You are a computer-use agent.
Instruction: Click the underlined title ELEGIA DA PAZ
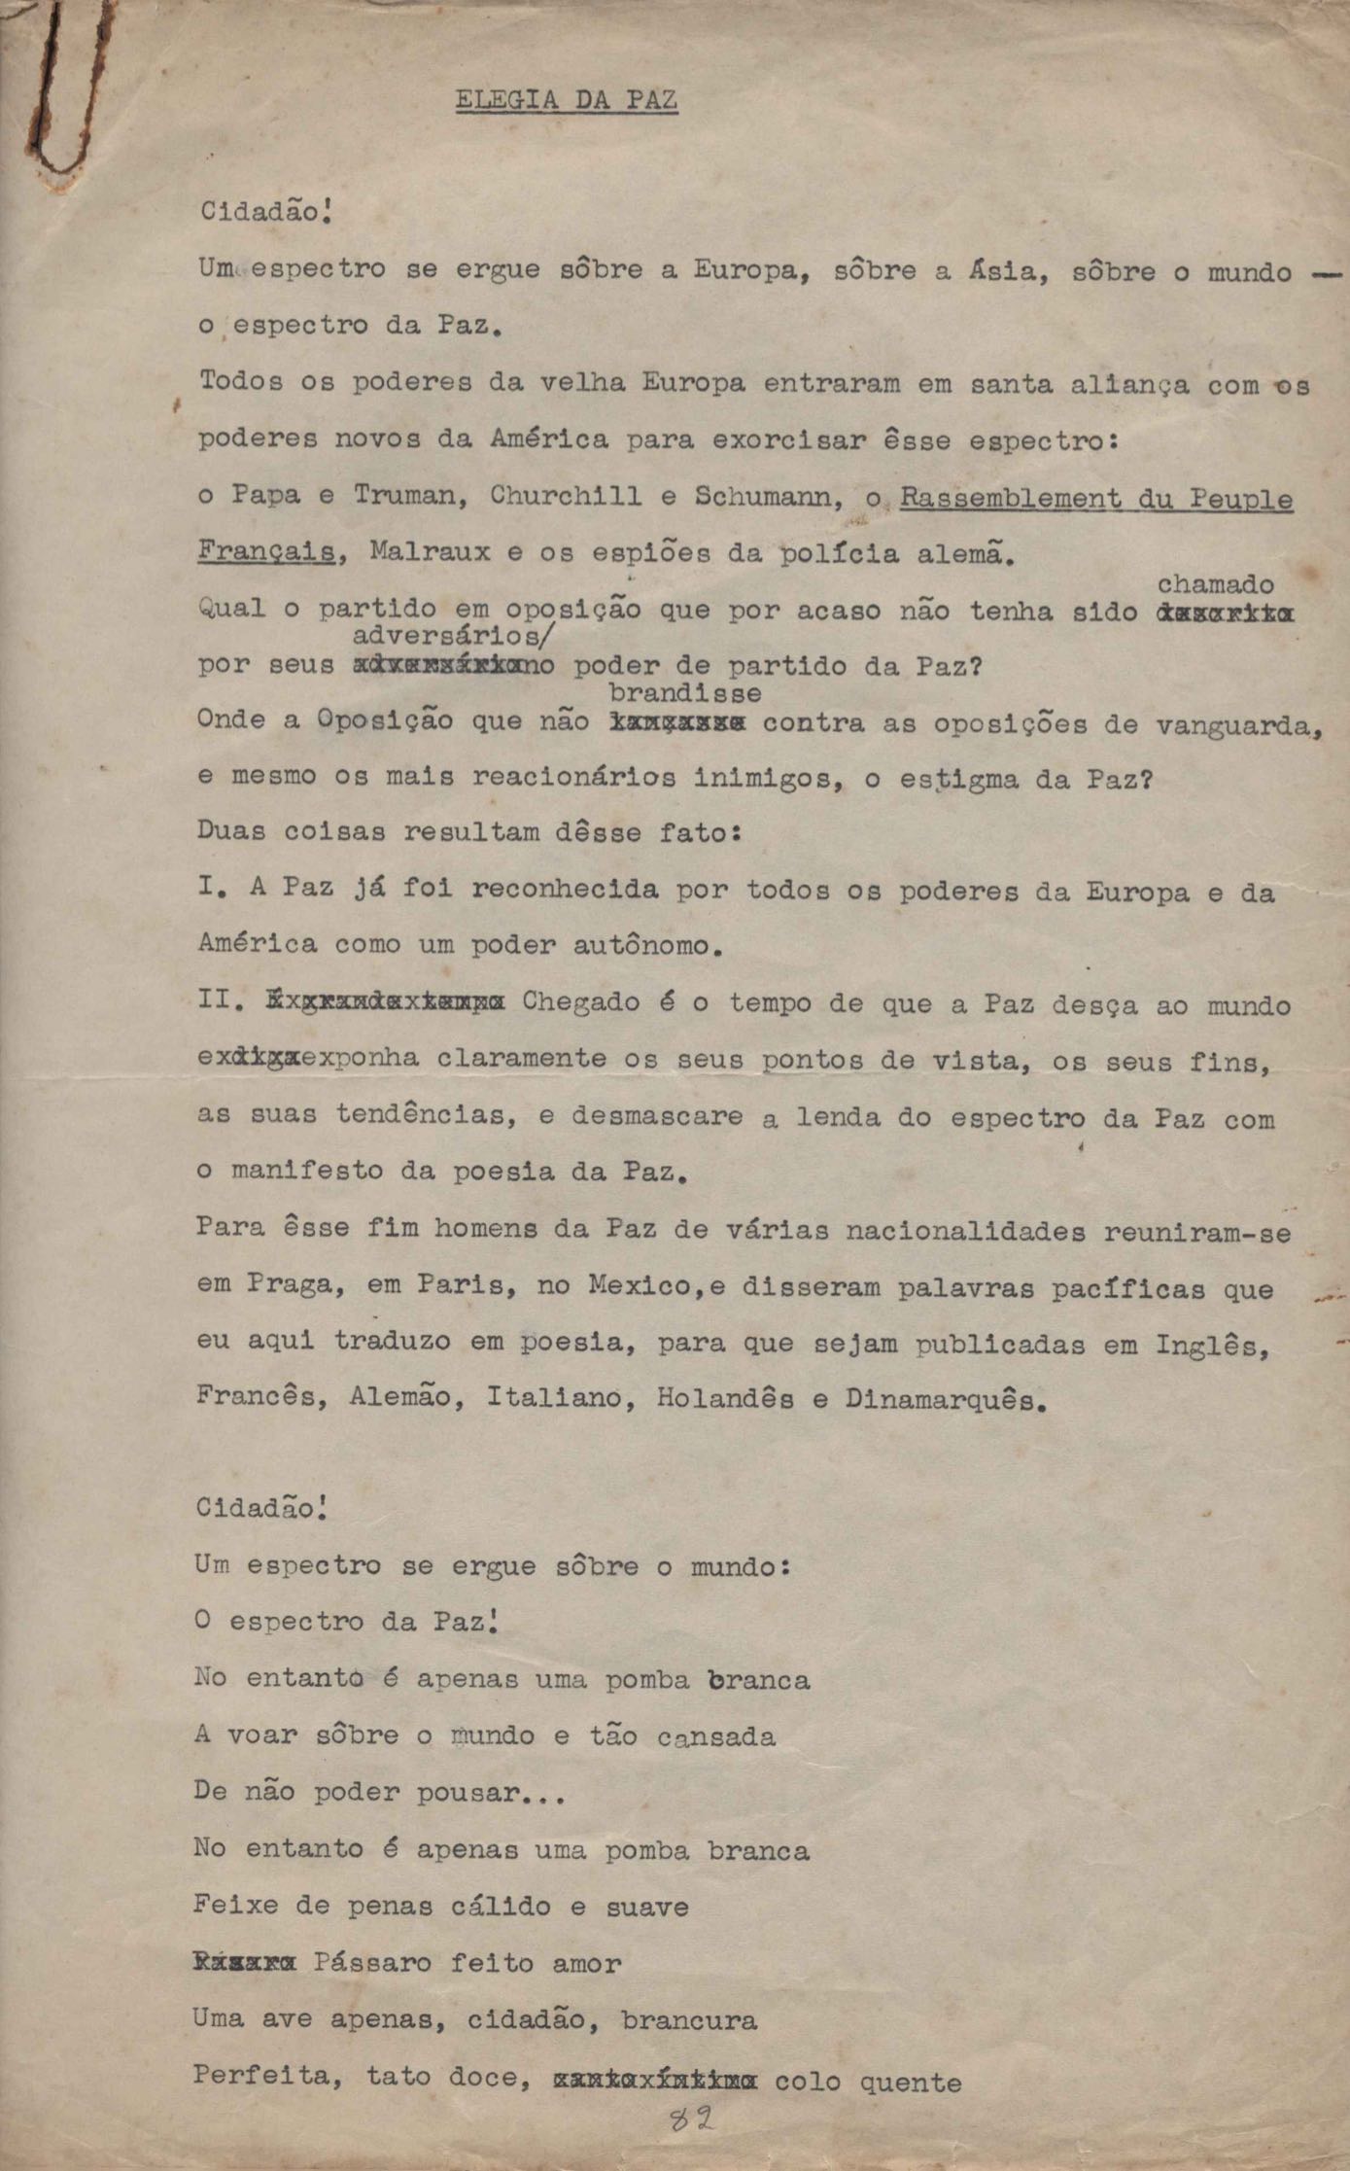[567, 101]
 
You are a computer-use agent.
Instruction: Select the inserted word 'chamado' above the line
[1215, 584]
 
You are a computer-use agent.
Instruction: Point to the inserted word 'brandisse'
[684, 693]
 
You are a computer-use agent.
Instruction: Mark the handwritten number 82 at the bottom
[692, 2119]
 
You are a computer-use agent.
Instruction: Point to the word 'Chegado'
[580, 1001]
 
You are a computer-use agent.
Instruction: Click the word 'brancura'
[689, 2020]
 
